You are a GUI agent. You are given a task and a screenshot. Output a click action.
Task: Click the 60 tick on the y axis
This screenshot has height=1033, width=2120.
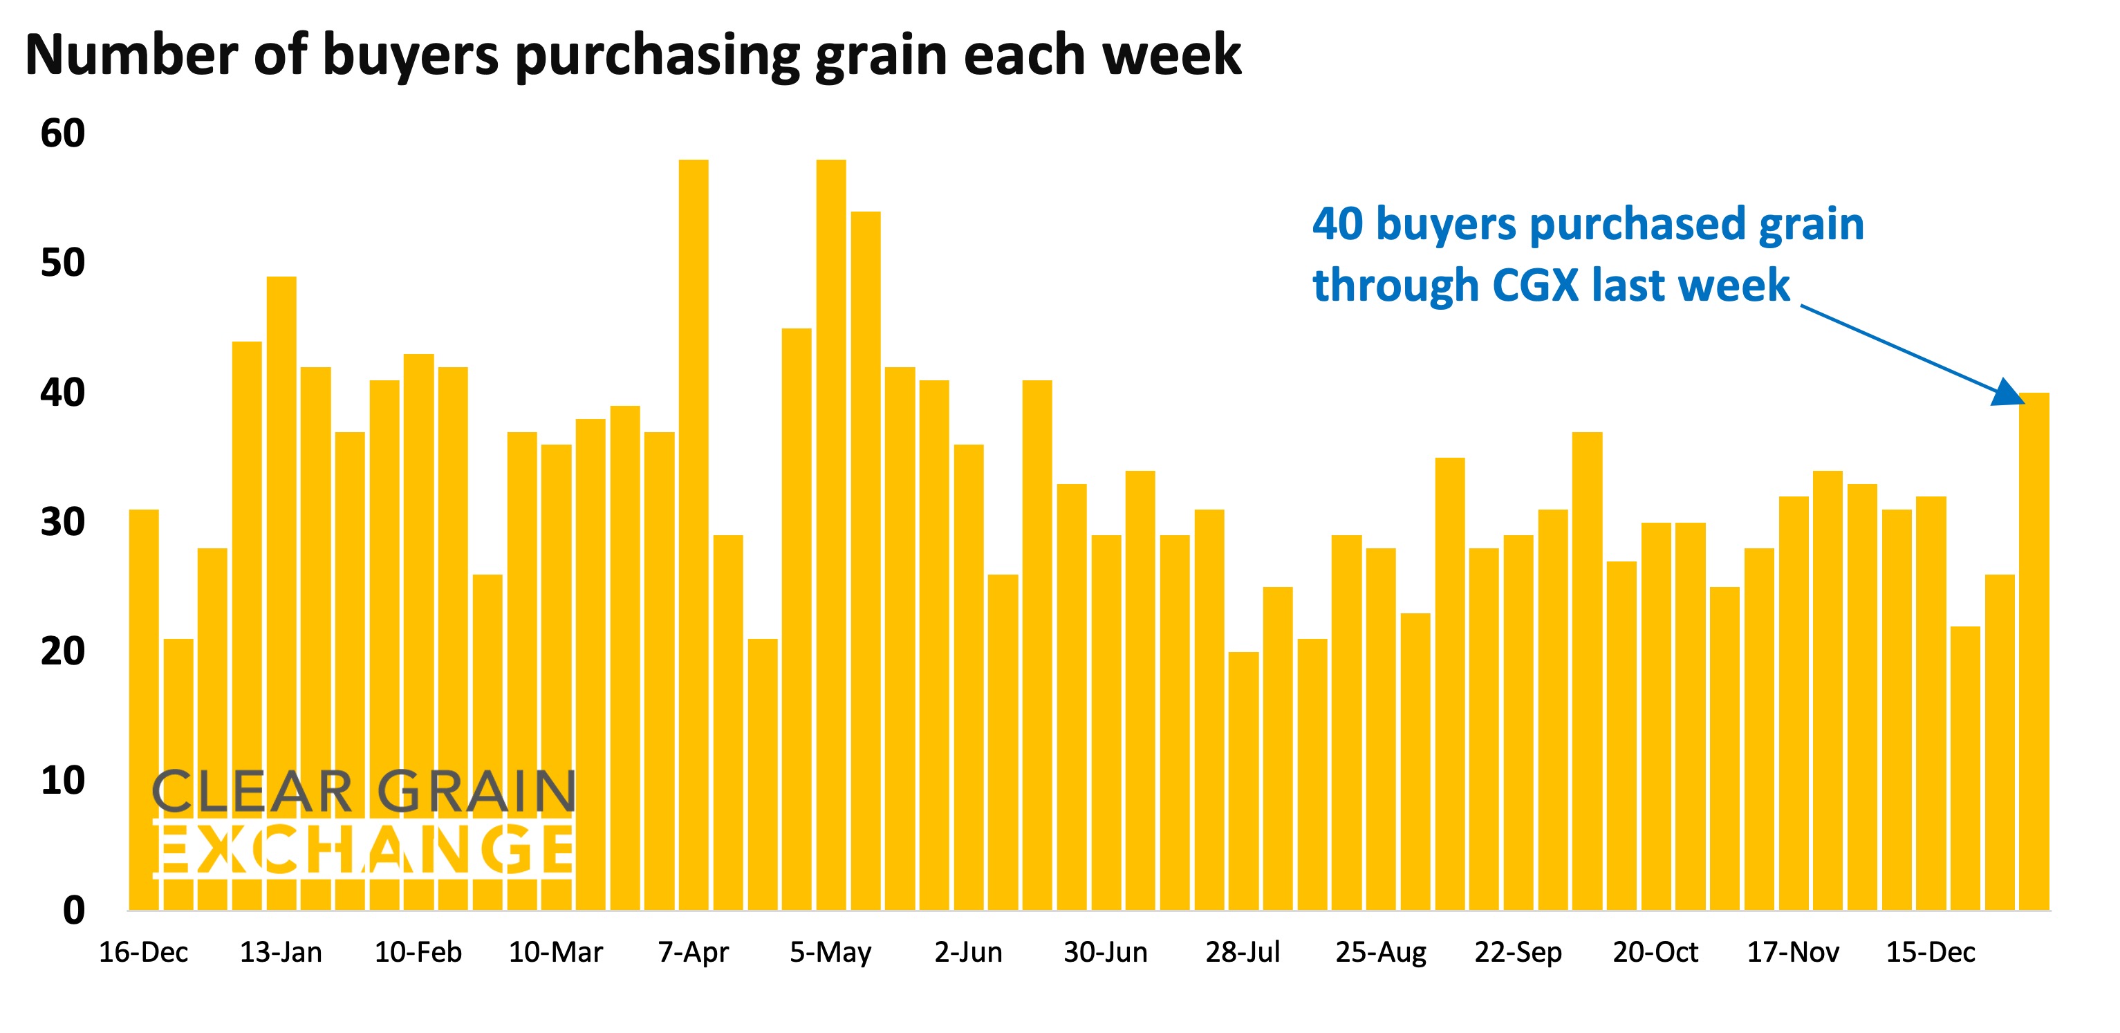[62, 133]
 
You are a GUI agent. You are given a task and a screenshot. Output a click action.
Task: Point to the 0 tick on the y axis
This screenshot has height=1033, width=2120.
[73, 911]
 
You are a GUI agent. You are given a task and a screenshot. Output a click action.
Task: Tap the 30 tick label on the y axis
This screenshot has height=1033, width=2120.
[62, 522]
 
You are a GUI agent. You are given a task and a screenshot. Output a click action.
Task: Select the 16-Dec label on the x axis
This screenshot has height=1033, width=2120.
[143, 952]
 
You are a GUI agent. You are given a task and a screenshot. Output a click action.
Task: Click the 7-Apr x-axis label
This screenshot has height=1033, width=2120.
[693, 952]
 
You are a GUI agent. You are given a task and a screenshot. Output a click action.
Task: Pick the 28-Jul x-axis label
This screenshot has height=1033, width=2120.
[1243, 952]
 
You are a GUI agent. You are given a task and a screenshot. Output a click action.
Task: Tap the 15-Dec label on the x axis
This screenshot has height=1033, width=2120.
[1930, 952]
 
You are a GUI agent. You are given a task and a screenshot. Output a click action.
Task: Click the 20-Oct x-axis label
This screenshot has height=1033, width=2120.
[1655, 952]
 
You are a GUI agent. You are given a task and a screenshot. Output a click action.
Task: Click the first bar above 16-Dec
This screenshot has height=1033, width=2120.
[144, 708]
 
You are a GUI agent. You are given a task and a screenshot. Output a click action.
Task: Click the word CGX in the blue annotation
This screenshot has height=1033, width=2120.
[1535, 286]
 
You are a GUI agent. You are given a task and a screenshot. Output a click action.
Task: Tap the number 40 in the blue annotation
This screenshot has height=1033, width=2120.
[1337, 224]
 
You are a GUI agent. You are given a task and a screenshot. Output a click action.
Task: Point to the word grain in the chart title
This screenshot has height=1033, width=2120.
[881, 56]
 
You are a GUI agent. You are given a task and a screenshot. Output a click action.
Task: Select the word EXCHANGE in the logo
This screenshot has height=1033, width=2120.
[364, 848]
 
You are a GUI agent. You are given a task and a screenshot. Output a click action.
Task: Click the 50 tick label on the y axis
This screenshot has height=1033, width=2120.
[62, 263]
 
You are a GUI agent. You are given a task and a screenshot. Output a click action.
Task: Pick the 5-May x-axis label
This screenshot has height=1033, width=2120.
[830, 952]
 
